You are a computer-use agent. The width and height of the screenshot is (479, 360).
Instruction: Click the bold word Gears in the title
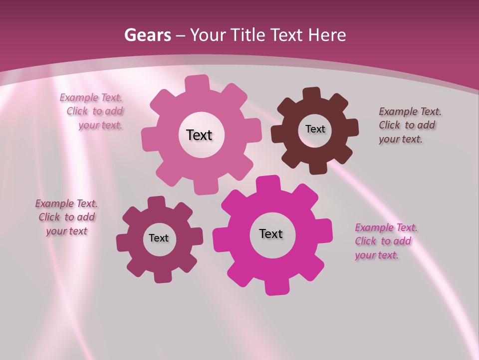(147, 35)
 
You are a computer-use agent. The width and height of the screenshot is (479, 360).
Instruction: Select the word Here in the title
(327, 35)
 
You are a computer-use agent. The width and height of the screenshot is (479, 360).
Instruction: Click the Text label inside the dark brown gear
(315, 129)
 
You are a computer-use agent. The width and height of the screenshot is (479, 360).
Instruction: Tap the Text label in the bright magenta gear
(271, 233)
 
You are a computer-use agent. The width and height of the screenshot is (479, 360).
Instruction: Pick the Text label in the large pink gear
(199, 135)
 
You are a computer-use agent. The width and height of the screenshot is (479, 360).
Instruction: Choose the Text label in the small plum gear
(159, 238)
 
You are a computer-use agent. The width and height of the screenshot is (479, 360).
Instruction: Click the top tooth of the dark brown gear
(312, 93)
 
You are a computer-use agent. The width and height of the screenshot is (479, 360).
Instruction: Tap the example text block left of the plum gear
(66, 217)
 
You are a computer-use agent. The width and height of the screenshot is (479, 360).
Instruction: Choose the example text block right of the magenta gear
(384, 241)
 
